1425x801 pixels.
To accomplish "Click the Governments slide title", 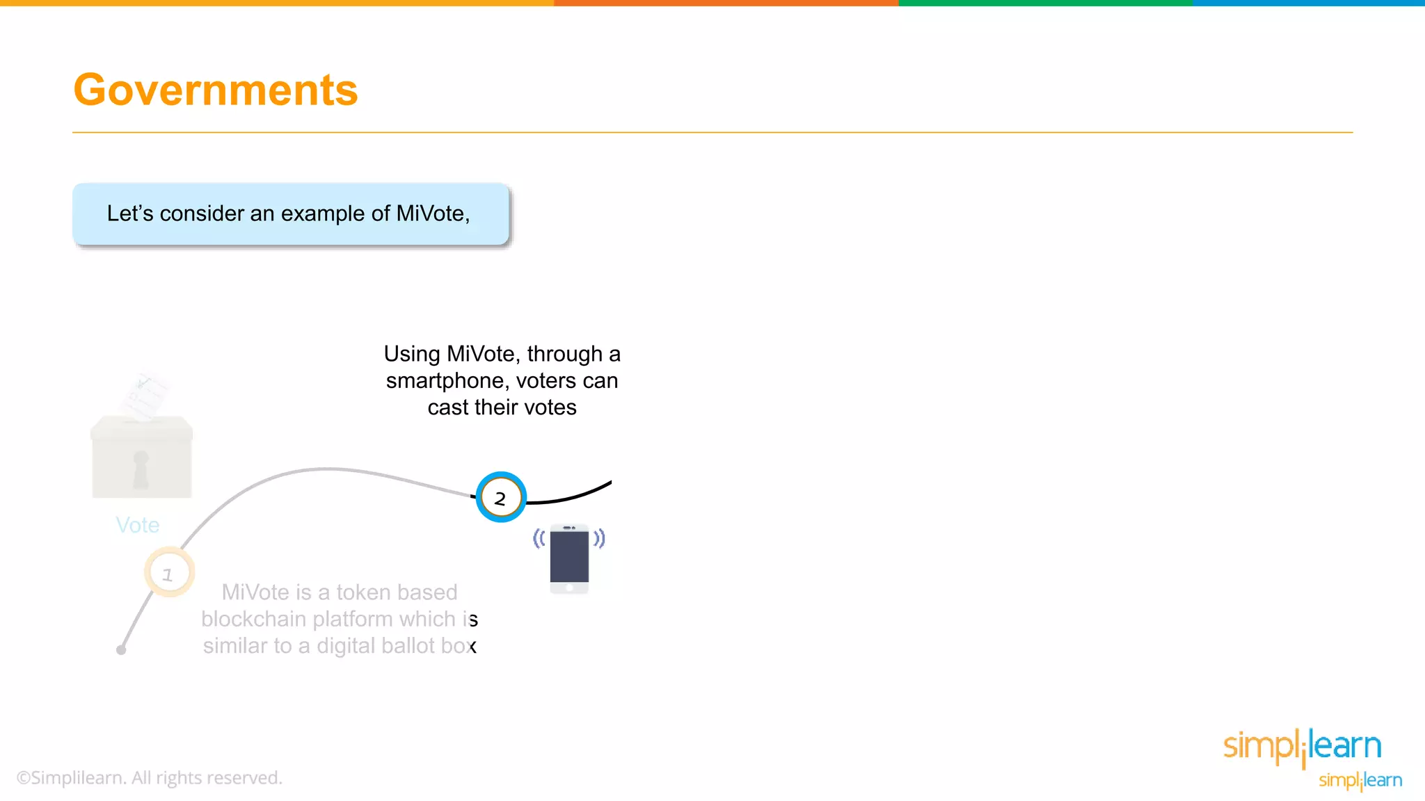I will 215,90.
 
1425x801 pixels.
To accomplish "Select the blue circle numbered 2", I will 500,497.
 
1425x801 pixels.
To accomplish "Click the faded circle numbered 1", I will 168,573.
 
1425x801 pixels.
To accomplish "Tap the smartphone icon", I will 569,558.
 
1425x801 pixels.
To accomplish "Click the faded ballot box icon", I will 142,458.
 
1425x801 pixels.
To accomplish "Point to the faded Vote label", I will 138,525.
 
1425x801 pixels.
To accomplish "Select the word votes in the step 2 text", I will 551,407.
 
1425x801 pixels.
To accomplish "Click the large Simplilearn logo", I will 1302,747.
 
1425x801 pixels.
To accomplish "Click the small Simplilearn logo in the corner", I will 1360,780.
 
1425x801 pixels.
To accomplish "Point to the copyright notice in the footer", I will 150,778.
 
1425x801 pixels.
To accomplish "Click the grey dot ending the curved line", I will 121,650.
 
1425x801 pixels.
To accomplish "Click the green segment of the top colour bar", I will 1044,3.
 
